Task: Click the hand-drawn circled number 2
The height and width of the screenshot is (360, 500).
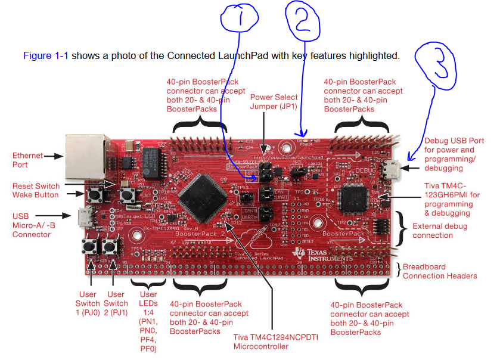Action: point(304,20)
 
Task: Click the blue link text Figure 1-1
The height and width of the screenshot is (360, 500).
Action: point(46,56)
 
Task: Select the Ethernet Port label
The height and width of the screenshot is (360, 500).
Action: point(27,160)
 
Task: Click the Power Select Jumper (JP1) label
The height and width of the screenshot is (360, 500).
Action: point(274,102)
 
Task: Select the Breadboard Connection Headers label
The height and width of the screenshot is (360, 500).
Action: point(440,271)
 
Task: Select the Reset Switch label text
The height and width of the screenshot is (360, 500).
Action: point(35,186)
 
